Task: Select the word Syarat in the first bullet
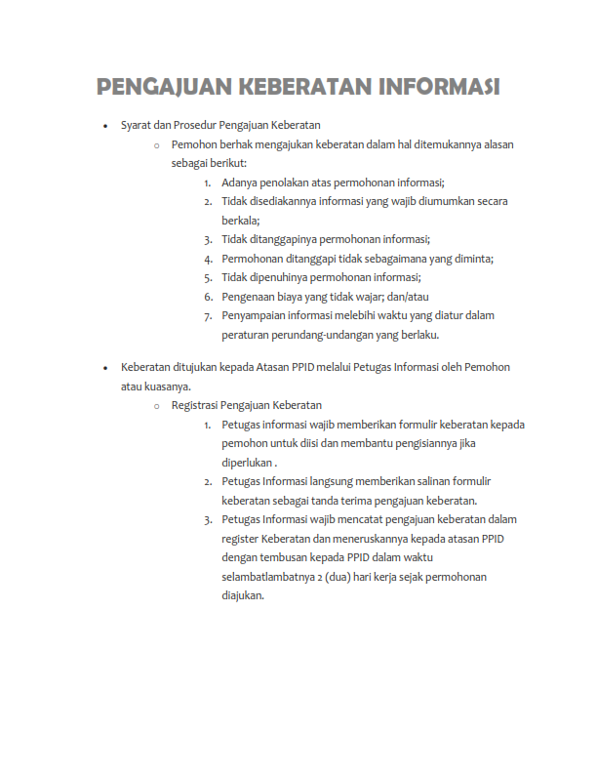[137, 125]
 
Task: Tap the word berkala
[240, 221]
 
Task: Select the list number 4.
[209, 259]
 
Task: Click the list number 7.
[209, 316]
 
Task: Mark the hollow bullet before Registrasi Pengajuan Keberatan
[156, 405]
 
